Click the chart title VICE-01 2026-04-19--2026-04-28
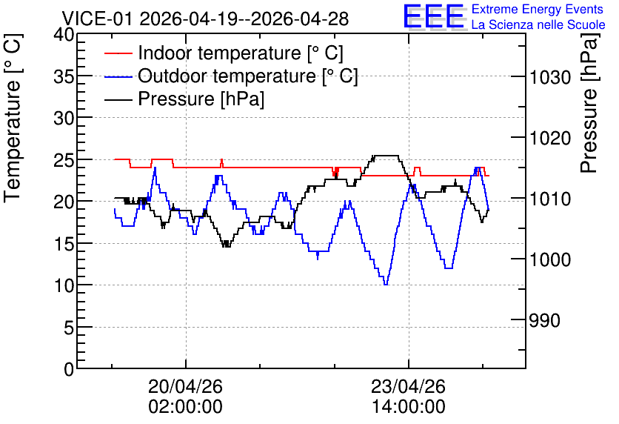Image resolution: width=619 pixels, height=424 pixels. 205,19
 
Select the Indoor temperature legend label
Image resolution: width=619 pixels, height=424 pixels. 241,53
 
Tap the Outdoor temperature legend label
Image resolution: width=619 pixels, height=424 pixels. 248,76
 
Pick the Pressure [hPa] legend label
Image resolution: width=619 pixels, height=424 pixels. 201,99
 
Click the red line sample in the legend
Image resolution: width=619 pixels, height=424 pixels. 118,53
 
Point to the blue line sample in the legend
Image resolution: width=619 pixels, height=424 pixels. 118,76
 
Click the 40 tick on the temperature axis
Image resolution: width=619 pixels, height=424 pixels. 64,35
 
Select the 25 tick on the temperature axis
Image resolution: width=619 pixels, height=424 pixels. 64,159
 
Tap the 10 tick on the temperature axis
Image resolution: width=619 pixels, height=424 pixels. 64,285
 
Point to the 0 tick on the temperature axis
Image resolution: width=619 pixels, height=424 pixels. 69,369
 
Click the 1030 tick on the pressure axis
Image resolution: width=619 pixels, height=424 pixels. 550,77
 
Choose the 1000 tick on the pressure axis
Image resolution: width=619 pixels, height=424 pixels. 550,259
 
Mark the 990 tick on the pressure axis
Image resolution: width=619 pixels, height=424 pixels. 544,320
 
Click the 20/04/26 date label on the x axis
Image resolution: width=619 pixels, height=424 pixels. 186,386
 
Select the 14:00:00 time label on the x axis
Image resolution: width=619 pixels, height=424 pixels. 409,407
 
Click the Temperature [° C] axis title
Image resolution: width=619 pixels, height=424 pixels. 13,118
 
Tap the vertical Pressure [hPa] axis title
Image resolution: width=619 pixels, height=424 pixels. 589,103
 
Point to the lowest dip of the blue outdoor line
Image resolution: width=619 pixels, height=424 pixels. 386,284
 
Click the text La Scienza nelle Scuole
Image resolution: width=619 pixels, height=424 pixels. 538,24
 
